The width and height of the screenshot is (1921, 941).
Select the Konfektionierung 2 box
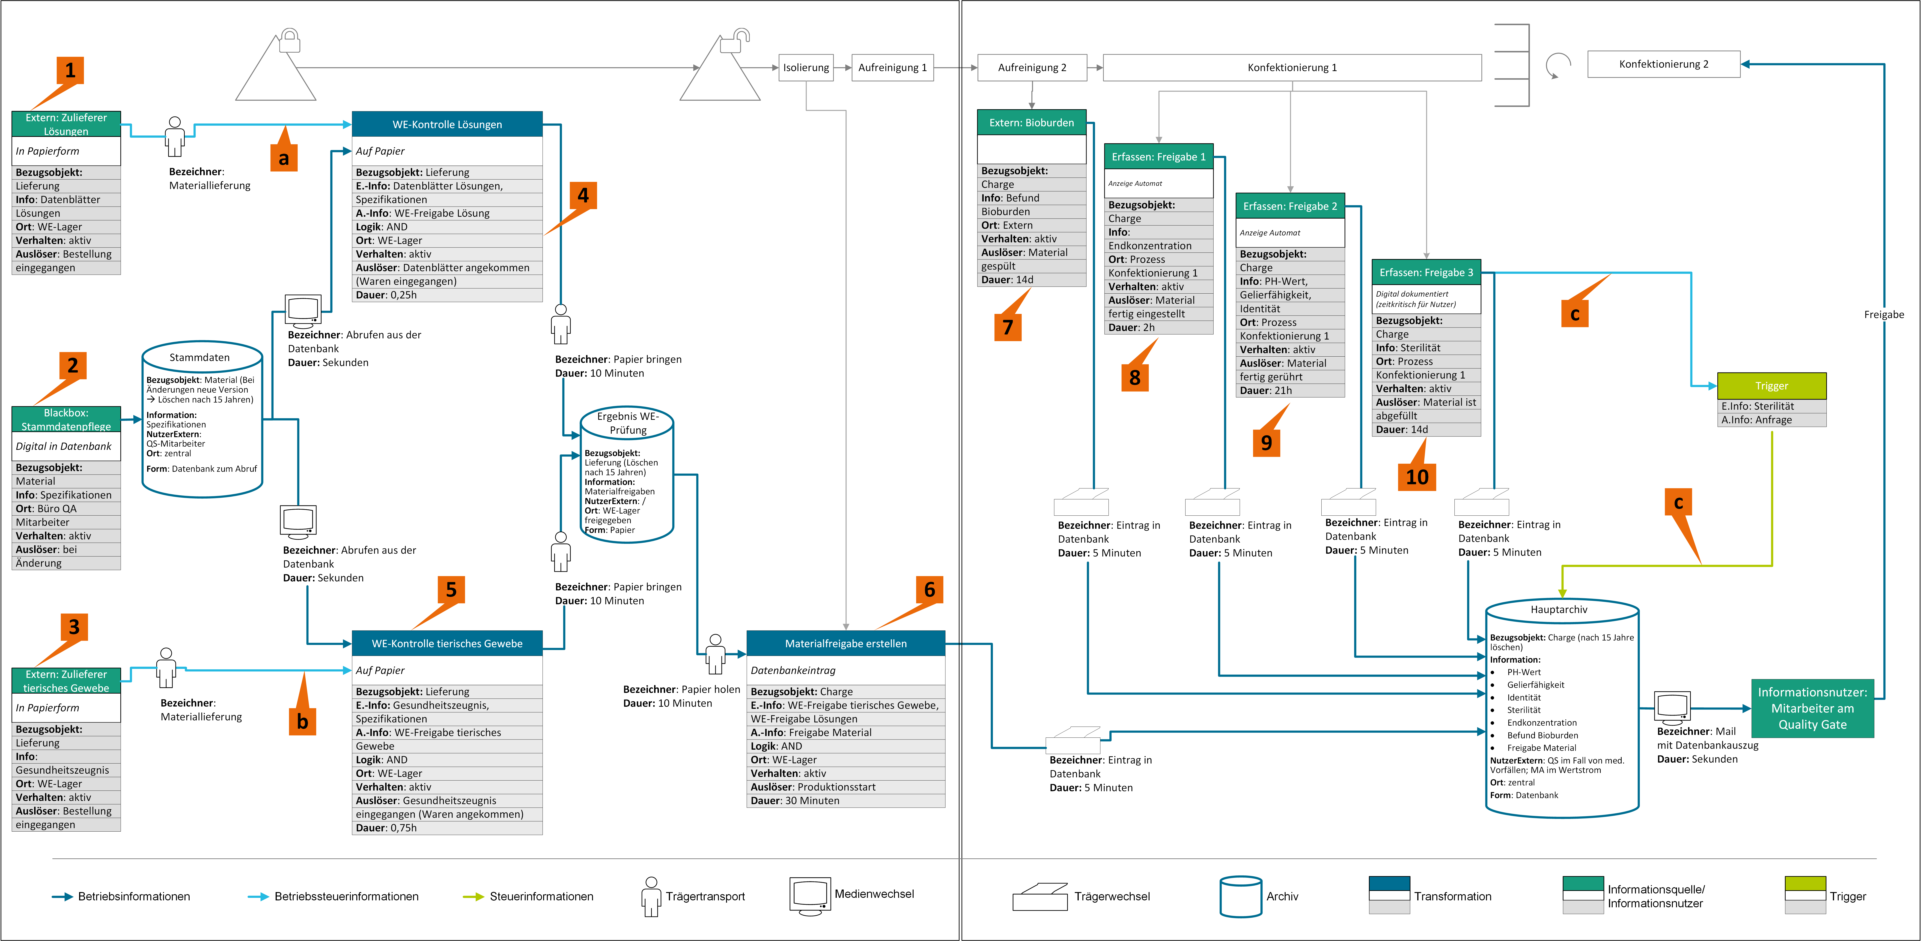(x=1664, y=64)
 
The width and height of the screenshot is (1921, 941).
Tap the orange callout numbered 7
(x=1007, y=326)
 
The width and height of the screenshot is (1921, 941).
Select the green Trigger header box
(x=1771, y=386)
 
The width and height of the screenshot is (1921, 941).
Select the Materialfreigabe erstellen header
(x=846, y=643)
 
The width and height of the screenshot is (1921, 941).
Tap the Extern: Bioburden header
(x=1031, y=122)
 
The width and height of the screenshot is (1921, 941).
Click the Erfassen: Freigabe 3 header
(x=1426, y=272)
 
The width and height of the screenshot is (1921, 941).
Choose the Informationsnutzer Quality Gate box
(x=1812, y=708)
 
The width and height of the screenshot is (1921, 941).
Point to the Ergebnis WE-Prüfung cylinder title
(x=628, y=423)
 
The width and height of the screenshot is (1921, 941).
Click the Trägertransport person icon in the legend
(x=651, y=896)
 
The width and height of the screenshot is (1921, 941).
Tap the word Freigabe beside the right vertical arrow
(x=1884, y=314)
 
